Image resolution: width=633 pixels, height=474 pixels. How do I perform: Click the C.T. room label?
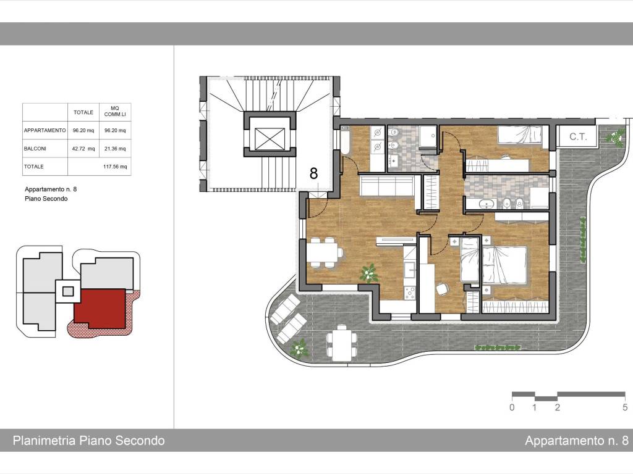point(578,136)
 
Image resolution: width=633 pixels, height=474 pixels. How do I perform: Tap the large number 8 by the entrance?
point(313,173)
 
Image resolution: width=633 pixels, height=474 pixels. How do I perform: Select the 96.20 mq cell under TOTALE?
point(83,131)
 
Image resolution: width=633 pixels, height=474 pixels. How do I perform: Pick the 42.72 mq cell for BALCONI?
point(83,149)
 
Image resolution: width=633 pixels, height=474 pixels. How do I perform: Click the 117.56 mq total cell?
point(115,167)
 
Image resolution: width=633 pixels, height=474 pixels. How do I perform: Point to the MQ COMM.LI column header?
point(115,112)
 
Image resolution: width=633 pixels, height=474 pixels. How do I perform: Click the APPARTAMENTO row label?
point(45,131)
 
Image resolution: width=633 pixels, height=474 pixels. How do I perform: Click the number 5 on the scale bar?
point(625,407)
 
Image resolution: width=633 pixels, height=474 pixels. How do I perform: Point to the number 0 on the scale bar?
point(512,407)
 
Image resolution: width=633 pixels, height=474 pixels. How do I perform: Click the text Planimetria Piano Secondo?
point(89,441)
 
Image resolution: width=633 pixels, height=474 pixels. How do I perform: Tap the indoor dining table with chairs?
point(325,252)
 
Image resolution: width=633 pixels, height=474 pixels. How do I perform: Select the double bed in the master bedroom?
point(505,265)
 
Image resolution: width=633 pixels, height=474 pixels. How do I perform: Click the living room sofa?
point(387,185)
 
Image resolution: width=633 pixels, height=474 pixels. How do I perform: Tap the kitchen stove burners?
point(410,293)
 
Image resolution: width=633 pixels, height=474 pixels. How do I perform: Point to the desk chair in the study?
point(443,288)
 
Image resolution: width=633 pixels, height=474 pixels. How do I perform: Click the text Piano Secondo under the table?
point(46,199)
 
